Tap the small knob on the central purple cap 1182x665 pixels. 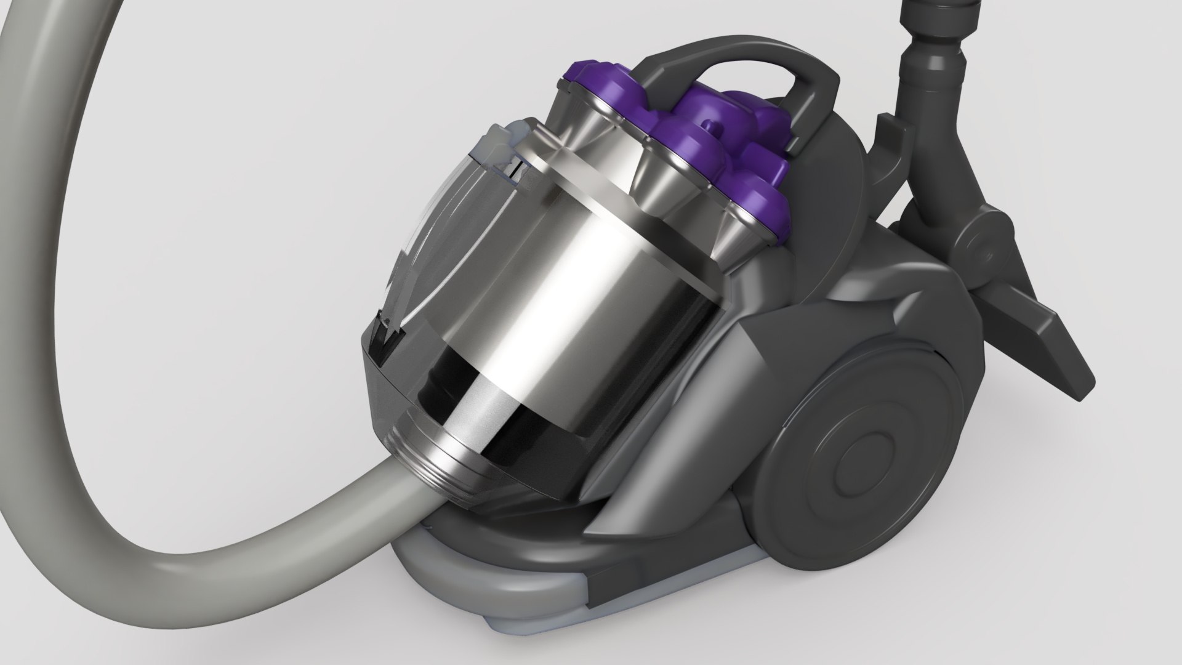coord(713,127)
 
